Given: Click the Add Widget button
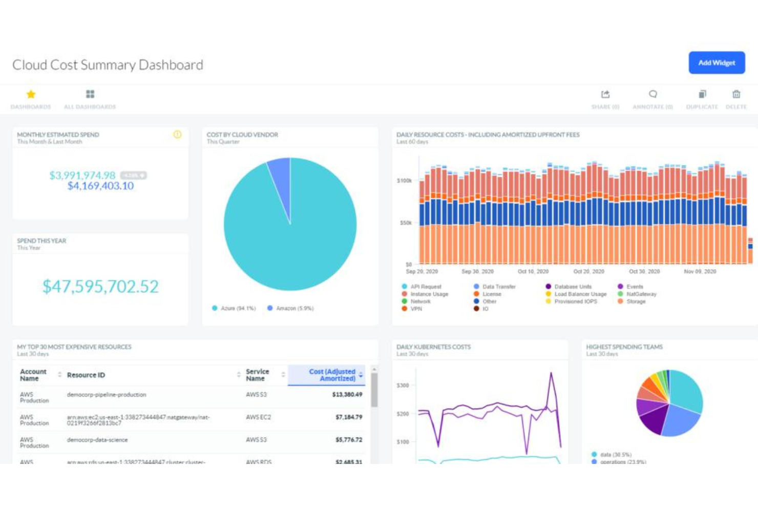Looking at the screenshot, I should [x=716, y=63].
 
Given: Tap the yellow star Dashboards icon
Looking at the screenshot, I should [x=31, y=94].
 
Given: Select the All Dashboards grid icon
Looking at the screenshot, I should [x=90, y=94].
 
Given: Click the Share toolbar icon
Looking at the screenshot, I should [x=605, y=94].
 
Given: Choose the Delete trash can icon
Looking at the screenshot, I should [x=736, y=94].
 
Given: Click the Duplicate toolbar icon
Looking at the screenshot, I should [x=702, y=94].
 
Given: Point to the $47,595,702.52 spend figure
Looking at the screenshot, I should [x=100, y=287].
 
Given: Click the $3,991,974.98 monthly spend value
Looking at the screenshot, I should [x=82, y=175].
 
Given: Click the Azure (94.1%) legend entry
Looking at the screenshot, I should [x=234, y=308].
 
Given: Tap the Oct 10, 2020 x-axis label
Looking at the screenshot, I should [x=533, y=272].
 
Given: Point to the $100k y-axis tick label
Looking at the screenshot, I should [x=404, y=181].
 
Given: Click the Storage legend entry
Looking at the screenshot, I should [x=636, y=301].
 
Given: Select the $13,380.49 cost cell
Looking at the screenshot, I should [x=347, y=395].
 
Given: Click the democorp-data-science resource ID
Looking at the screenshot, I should [x=97, y=440].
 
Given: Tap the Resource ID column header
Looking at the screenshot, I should [x=86, y=375].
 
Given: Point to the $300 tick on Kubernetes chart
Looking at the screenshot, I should [x=403, y=385].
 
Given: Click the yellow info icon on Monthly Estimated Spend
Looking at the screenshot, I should [x=177, y=134].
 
